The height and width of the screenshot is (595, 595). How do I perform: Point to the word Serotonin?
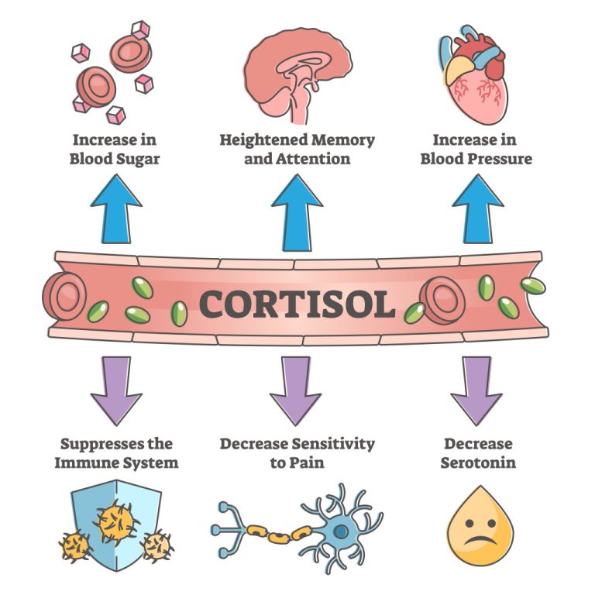478,463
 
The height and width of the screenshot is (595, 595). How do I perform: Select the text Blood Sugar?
116,160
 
